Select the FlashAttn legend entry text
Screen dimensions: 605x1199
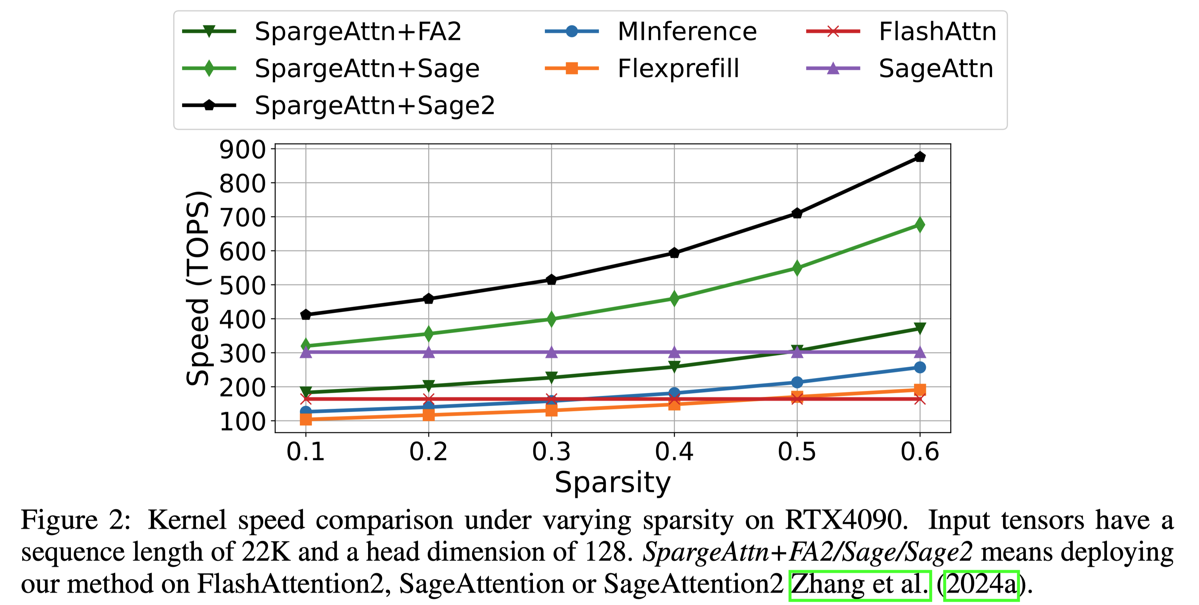coord(937,32)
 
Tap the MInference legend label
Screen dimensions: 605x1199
coord(687,32)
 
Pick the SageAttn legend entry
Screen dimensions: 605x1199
coord(935,69)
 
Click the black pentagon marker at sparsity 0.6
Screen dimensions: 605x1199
coord(919,157)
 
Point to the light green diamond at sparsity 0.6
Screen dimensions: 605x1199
coord(919,225)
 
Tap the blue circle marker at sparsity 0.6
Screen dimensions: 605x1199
coord(919,367)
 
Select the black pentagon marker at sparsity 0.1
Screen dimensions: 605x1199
coord(306,315)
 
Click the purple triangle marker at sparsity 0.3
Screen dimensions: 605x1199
coord(551,352)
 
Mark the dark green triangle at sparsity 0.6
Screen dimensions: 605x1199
coord(919,328)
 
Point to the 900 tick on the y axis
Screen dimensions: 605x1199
coord(242,150)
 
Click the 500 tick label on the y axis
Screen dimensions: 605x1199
coord(242,286)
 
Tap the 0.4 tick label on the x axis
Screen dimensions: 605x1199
coord(674,451)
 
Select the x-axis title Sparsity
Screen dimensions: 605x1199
coord(612,483)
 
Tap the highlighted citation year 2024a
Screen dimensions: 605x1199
coord(981,584)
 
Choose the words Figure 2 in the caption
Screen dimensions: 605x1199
coord(75,520)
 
